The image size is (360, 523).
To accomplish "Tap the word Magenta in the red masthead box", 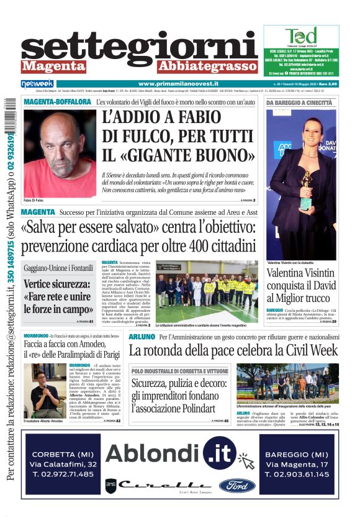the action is (x=53, y=66).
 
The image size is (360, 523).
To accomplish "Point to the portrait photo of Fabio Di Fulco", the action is (x=60, y=153).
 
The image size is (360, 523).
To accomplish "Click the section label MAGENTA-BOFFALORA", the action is (x=57, y=101).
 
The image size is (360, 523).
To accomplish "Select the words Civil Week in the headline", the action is (x=305, y=350).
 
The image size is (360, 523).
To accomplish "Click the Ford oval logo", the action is (x=236, y=485).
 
